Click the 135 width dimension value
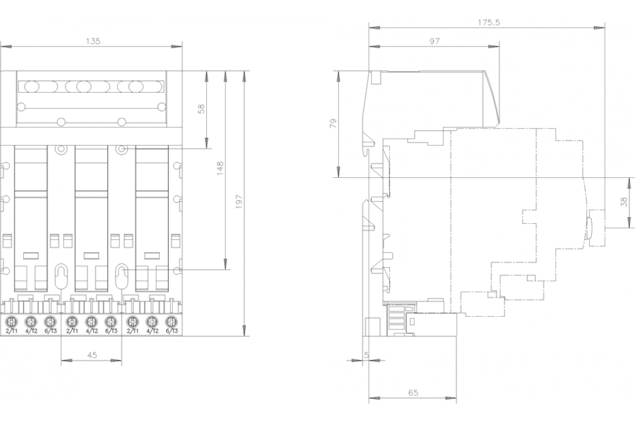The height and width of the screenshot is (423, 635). point(93,41)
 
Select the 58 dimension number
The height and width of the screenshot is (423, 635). point(201,109)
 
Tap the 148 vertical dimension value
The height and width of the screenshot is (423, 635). point(220,168)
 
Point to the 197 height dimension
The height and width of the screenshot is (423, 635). point(239,202)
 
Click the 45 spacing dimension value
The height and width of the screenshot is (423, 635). point(92,355)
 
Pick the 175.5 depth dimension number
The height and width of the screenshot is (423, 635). point(489,22)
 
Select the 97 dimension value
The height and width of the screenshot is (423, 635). point(434,42)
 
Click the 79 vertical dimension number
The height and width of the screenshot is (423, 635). point(333,124)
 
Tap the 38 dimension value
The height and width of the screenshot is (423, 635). point(624,202)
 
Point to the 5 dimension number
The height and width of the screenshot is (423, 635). point(366,355)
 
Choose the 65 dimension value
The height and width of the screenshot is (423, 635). point(413,393)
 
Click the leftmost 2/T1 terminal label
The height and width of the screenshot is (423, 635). point(12,331)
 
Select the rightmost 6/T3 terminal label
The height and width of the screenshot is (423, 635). point(172,331)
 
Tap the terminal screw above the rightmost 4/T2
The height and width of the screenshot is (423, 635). point(152,322)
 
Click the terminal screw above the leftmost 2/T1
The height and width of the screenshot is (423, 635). point(12,322)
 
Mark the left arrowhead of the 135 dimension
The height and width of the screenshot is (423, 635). point(6,47)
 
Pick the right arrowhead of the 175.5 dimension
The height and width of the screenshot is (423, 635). point(599,28)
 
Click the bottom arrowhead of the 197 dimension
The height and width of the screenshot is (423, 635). point(244,330)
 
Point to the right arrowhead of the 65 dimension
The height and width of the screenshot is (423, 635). point(451,398)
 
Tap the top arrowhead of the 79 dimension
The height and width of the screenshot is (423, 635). point(339,77)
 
